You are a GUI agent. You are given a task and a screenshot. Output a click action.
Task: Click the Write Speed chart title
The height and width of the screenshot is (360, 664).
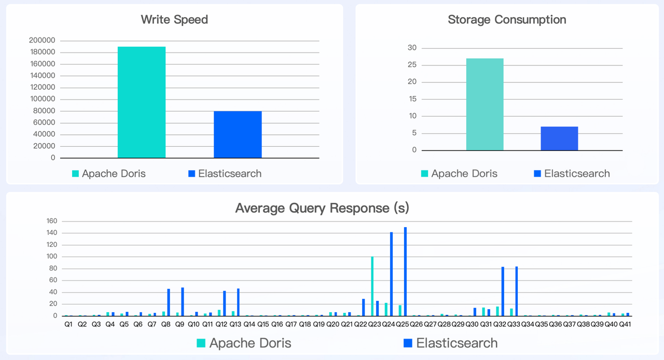click(x=174, y=20)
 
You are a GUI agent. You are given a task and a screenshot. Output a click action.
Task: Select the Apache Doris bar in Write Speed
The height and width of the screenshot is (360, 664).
click(x=142, y=102)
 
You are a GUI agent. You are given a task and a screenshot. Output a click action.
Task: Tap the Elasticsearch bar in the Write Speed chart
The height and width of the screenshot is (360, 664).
click(x=238, y=134)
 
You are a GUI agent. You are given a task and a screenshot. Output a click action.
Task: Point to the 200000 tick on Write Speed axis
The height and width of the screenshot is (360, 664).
click(x=43, y=40)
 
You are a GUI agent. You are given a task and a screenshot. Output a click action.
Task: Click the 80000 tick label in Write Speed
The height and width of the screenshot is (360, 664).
click(x=45, y=111)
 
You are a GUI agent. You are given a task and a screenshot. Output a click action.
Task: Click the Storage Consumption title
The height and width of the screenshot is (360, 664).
click(x=507, y=20)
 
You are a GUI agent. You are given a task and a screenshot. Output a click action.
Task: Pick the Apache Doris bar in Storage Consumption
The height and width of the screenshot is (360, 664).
click(x=485, y=104)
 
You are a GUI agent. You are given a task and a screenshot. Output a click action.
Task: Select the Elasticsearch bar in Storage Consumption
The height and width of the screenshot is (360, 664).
click(x=559, y=139)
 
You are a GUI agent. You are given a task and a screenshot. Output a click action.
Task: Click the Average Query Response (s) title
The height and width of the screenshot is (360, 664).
click(x=322, y=208)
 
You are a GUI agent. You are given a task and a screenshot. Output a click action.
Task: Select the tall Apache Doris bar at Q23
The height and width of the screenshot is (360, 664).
click(x=372, y=286)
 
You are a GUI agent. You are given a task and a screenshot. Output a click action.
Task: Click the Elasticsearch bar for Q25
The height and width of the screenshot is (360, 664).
click(x=405, y=271)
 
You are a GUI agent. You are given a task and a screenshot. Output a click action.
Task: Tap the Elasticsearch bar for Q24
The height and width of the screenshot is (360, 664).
click(x=391, y=274)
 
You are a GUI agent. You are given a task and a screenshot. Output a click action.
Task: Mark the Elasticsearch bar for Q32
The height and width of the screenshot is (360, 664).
click(x=503, y=291)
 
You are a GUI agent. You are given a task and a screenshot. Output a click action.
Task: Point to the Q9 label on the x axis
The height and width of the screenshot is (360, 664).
click(x=179, y=324)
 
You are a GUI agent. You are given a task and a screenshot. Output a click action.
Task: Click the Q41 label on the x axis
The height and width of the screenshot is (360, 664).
click(x=625, y=324)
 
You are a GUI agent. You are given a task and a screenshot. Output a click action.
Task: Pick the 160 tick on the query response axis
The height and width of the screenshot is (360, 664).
click(x=51, y=221)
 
